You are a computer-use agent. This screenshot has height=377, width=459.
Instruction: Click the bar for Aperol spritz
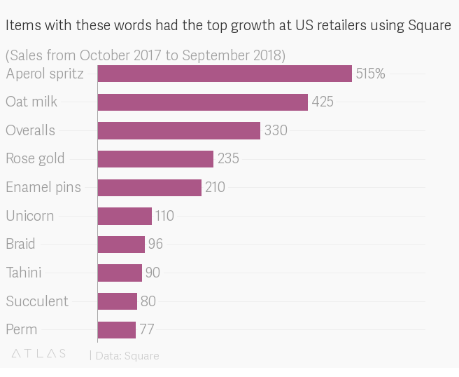[x=225, y=74]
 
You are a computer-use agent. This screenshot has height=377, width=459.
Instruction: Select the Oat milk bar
[x=203, y=102]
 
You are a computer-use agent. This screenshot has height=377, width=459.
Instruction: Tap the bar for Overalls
[x=179, y=130]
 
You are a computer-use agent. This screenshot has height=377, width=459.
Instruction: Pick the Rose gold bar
[x=155, y=159]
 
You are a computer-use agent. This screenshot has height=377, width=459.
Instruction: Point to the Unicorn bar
[x=125, y=216]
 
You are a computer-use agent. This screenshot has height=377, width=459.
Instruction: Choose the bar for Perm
[x=117, y=329]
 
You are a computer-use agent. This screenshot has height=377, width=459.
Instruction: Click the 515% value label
[x=370, y=74]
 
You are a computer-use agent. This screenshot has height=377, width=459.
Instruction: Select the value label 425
[x=323, y=102]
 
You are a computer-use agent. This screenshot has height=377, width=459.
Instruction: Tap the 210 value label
[x=215, y=187]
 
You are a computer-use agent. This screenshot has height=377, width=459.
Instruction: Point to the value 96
[x=155, y=245]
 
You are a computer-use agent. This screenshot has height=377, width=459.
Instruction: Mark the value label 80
[x=148, y=301]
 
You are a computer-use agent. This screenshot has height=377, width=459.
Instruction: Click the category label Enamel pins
[x=43, y=187]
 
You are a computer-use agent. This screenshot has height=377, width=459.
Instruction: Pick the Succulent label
[x=37, y=301]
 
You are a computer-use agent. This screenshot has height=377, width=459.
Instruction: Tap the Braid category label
[x=20, y=245]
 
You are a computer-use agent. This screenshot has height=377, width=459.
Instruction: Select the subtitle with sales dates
[x=145, y=55]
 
